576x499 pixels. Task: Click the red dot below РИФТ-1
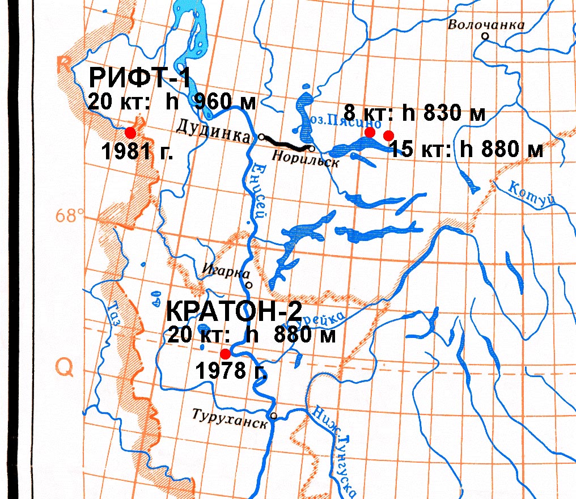pos(130,133)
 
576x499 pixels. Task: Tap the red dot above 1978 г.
pos(225,352)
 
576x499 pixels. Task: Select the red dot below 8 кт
pos(370,132)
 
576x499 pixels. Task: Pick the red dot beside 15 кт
pos(388,135)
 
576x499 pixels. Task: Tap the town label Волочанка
pos(486,25)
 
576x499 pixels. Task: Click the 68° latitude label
pos(70,215)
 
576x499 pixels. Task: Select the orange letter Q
pos(64,369)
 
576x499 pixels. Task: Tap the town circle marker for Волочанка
pos(485,36)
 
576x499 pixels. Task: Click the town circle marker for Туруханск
pos(273,416)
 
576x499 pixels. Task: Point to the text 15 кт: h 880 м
pos(467,150)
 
